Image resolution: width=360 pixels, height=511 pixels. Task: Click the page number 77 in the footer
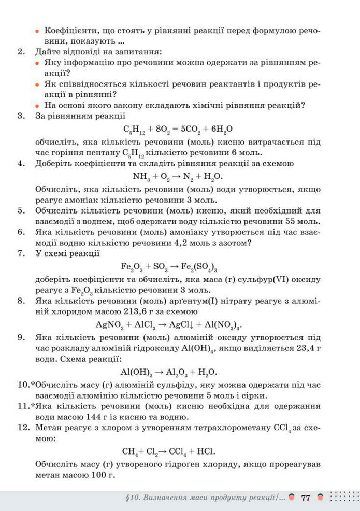point(305,498)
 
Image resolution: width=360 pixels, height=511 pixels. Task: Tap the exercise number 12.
point(21,426)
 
